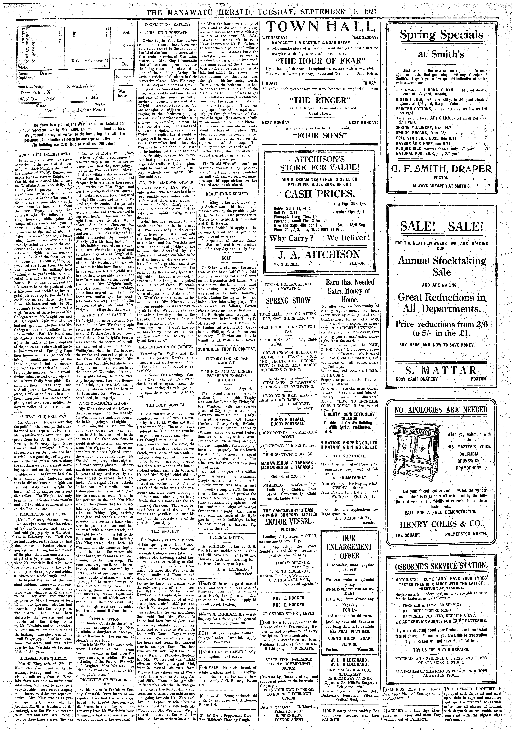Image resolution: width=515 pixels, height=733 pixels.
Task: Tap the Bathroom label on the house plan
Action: (x=124, y=77)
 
